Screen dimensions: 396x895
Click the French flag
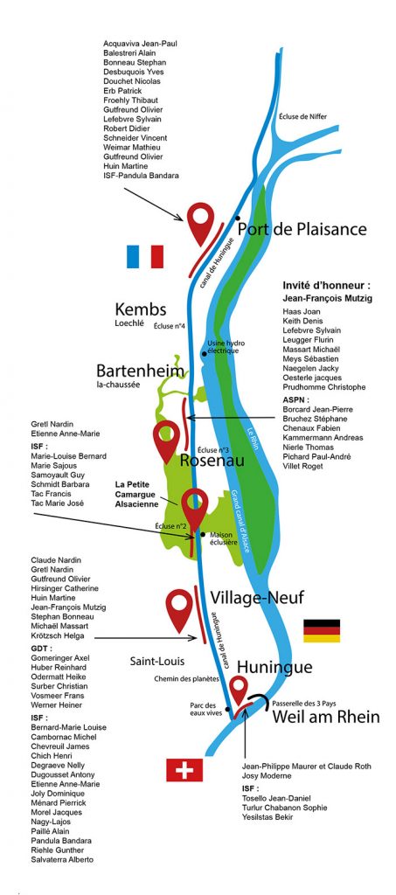(145, 257)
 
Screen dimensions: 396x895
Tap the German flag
(321, 631)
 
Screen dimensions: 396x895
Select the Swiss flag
(184, 770)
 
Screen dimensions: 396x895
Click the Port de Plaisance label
(302, 230)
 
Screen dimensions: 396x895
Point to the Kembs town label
(141, 310)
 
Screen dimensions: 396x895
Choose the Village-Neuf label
(257, 598)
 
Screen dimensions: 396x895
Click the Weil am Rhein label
(326, 717)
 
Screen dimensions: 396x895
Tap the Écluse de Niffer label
(303, 117)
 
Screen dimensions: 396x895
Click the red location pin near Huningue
(239, 690)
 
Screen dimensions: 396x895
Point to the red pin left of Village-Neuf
(180, 609)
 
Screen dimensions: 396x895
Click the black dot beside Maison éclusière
(204, 534)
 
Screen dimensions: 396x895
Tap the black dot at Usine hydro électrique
(204, 354)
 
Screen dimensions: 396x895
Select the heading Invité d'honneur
(326, 285)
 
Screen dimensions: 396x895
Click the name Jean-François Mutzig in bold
(327, 298)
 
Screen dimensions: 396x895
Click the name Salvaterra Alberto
(62, 860)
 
